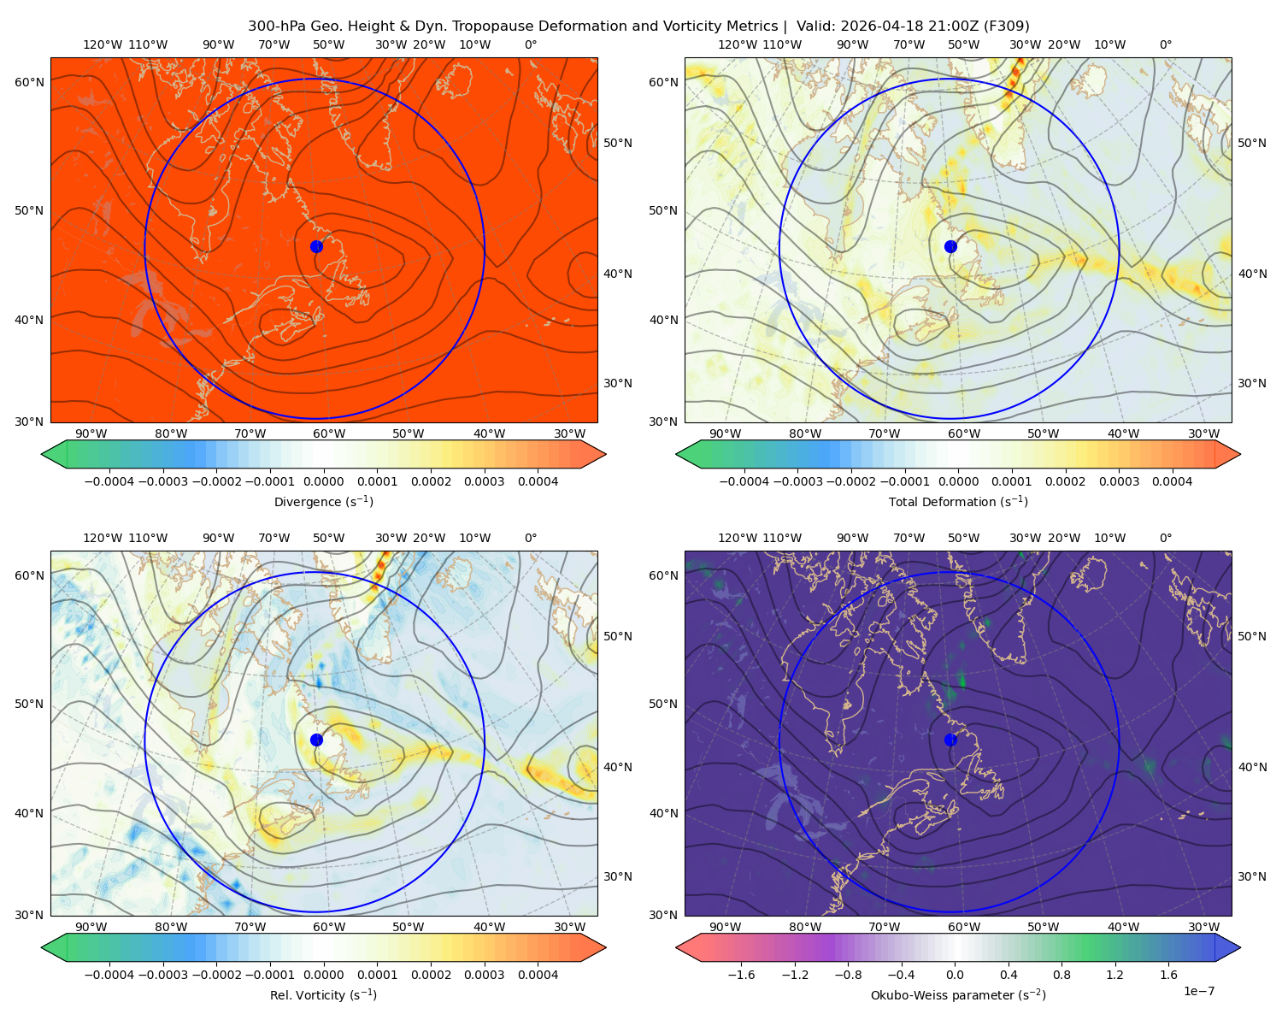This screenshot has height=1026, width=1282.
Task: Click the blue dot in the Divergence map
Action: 316,246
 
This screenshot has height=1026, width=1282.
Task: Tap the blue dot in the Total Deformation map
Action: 950,246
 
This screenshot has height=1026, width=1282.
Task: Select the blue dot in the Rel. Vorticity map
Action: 316,740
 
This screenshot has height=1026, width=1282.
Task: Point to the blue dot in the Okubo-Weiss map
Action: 950,740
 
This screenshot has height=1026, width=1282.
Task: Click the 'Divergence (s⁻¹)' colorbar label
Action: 323,501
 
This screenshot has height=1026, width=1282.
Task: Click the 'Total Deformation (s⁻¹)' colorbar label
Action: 958,501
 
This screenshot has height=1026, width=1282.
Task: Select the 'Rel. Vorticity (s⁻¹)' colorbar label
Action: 323,994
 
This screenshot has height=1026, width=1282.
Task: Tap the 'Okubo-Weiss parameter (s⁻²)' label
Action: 958,994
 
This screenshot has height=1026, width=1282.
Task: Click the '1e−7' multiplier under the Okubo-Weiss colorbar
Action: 1198,991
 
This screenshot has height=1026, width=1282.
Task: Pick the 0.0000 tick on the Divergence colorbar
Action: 323,481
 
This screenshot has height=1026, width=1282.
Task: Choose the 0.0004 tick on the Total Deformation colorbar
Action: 1172,481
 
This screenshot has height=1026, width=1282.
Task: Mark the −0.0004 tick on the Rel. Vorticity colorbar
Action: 109,975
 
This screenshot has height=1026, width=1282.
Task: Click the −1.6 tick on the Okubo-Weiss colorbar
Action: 741,975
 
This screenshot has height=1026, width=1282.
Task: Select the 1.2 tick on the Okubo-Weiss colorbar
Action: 1114,975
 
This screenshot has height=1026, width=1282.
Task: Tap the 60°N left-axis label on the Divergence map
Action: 29,82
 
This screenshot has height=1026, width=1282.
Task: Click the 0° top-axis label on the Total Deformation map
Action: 1165,44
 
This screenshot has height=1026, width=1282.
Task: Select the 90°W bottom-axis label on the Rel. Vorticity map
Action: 91,927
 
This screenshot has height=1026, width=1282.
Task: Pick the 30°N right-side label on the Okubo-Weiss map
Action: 1251,876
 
